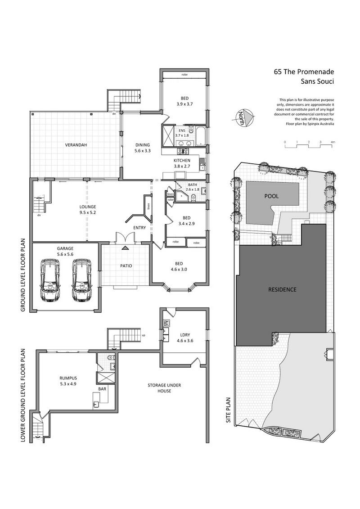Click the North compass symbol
244,117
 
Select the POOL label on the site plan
271,196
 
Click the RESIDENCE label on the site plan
282,289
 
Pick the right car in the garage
81,279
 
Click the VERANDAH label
76,145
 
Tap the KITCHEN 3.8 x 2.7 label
182,163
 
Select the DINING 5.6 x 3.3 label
143,148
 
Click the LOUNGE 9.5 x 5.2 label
88,210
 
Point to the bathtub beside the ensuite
201,136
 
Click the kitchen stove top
181,151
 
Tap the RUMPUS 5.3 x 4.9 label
68,381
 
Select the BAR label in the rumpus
102,388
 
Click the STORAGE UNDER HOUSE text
164,388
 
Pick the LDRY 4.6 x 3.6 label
185,338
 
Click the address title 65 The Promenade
304,72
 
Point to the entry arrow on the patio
126,248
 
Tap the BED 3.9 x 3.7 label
184,101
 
